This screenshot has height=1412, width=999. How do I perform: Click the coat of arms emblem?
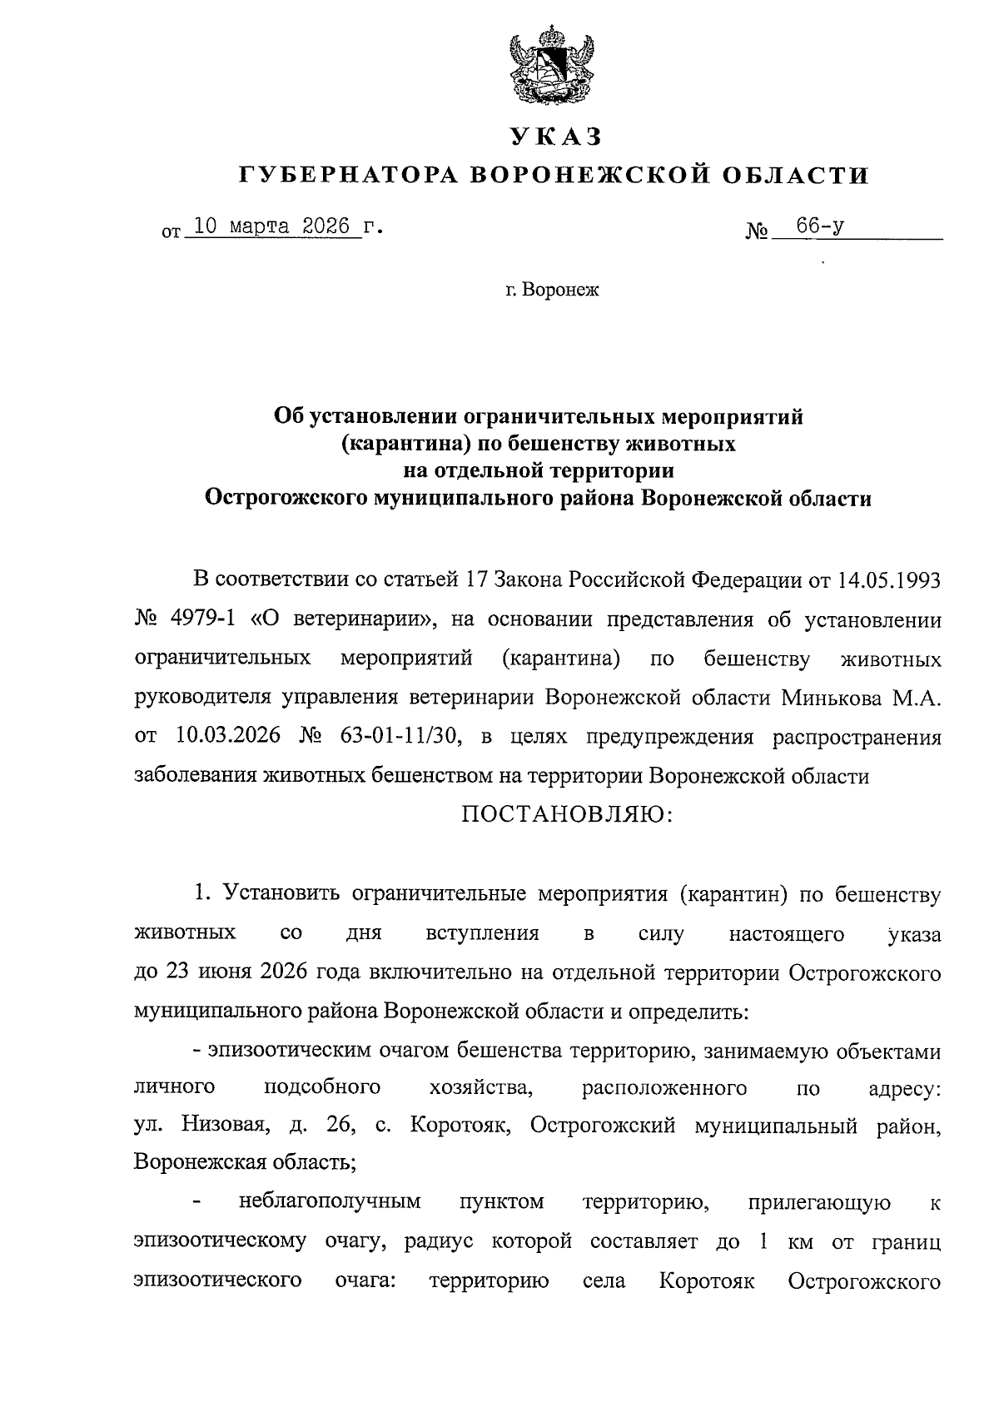pos(550,67)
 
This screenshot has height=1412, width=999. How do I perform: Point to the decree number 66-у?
pos(821,226)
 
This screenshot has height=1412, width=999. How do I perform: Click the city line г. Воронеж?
pos(551,290)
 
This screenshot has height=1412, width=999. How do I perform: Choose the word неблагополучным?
pos(330,1201)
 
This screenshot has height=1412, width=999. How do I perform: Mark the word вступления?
pos(482,933)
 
